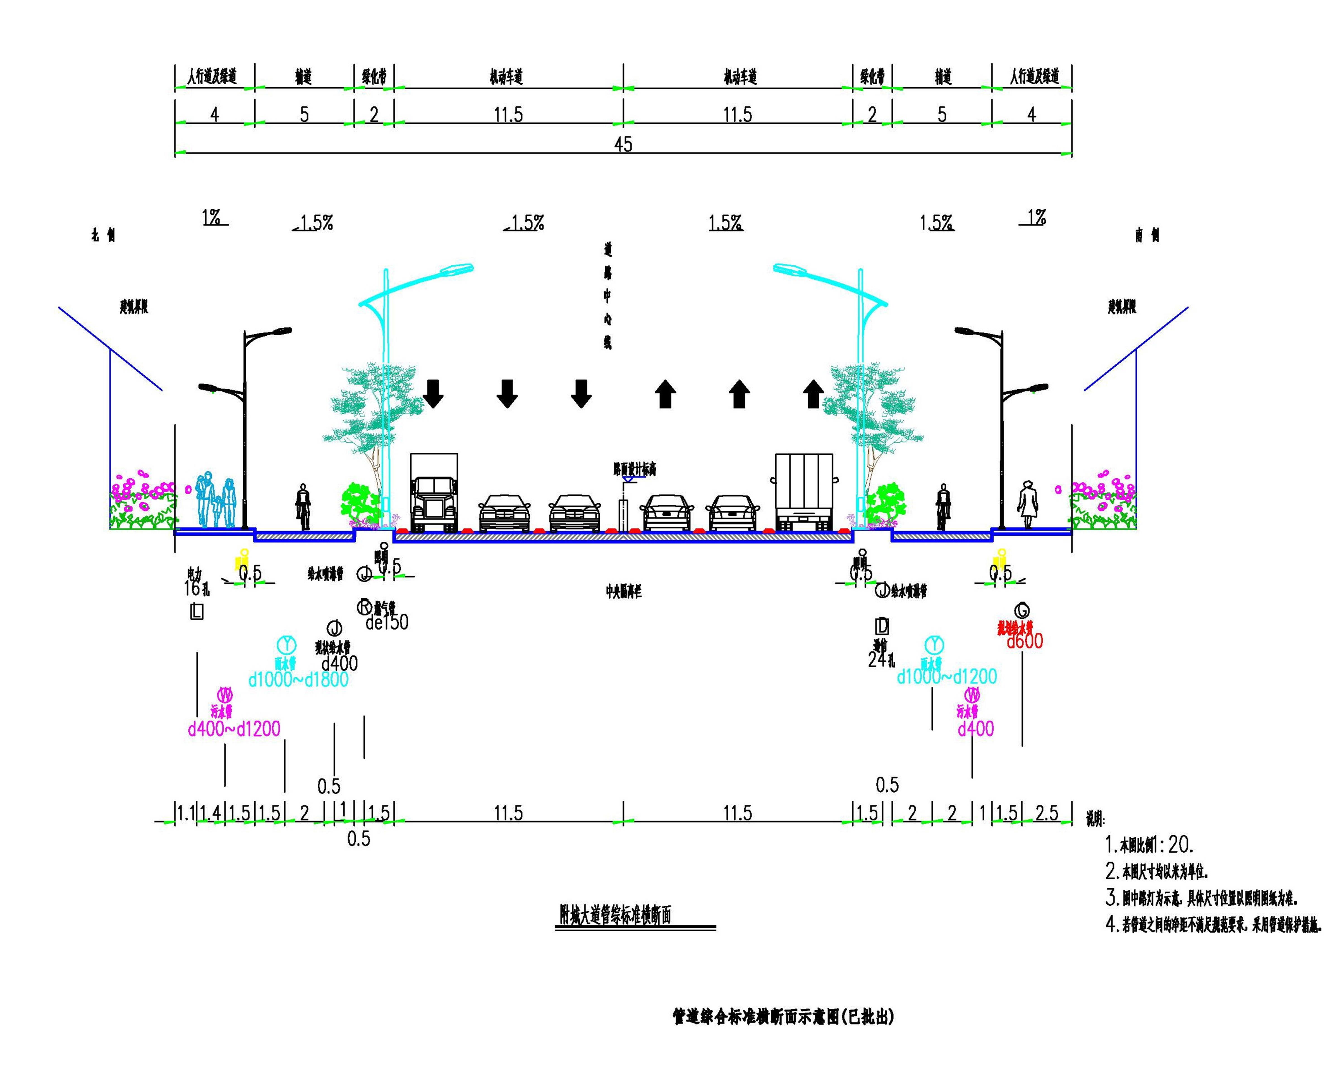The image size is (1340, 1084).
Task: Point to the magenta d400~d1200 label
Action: point(234,729)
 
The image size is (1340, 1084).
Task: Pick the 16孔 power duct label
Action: point(197,588)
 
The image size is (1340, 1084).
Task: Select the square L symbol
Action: point(196,613)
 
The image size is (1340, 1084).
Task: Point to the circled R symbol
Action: point(364,606)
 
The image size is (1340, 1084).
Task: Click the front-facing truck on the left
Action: point(434,493)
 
